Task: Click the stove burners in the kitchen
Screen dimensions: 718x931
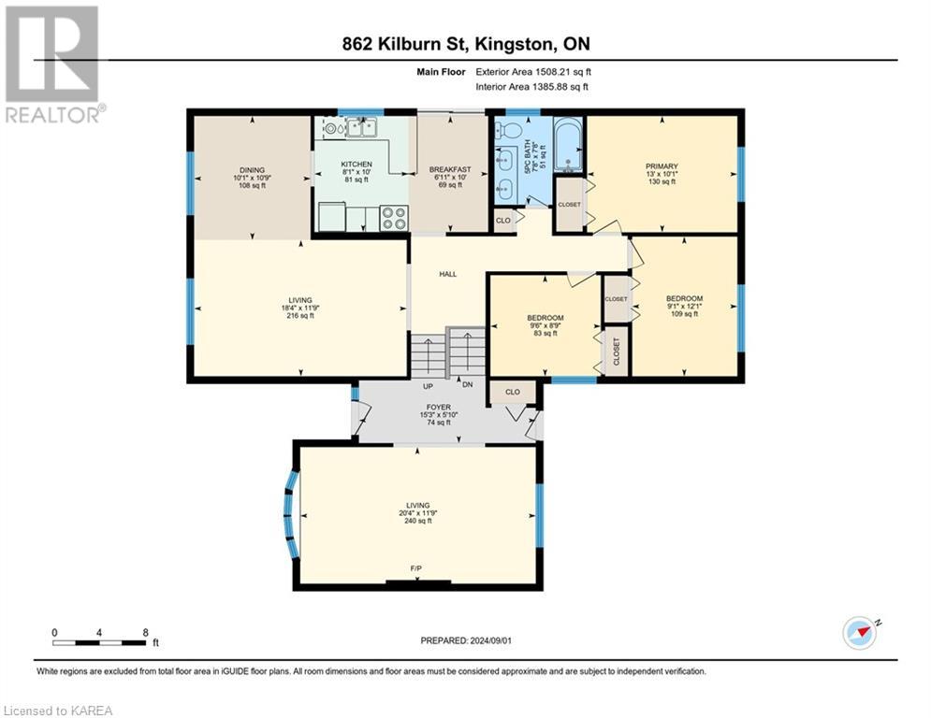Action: tap(393, 218)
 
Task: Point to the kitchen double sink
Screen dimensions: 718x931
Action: tap(361, 127)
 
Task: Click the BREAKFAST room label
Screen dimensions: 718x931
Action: tap(450, 169)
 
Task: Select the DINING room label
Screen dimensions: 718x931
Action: tap(250, 169)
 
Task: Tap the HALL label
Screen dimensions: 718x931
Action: tap(448, 274)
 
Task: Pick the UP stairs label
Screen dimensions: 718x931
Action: tap(429, 385)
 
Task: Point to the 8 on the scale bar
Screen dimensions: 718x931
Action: tap(145, 631)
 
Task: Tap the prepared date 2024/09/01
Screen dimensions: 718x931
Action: tap(465, 640)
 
